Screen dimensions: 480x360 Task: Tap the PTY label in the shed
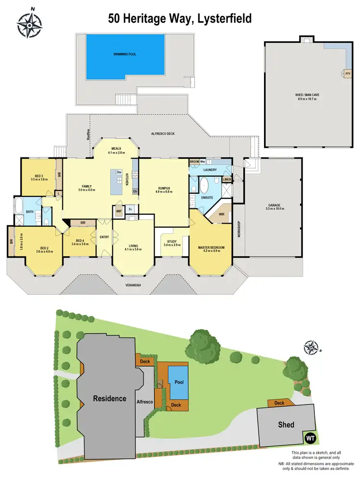(347, 73)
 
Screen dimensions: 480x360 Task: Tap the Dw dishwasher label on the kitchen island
(118, 171)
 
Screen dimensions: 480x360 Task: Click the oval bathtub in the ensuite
(204, 185)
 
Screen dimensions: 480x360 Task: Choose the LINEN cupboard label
(227, 180)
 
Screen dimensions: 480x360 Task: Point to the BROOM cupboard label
(194, 162)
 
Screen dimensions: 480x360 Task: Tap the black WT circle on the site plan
(311, 438)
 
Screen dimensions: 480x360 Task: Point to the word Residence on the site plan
(109, 398)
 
